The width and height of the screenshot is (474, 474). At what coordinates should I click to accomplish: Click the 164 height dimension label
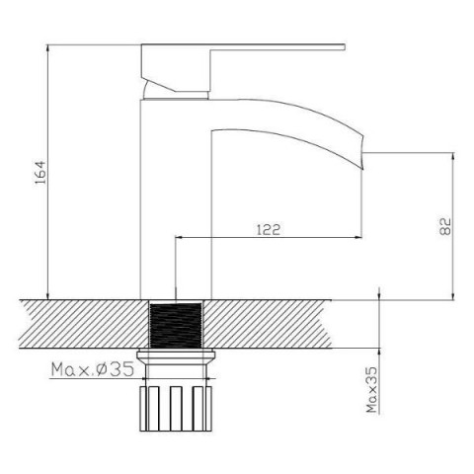41,173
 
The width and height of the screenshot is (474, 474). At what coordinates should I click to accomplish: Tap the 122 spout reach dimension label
269,229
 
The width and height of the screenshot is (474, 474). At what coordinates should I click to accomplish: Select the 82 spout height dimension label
445,226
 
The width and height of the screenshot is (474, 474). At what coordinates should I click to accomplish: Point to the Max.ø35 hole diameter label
93,369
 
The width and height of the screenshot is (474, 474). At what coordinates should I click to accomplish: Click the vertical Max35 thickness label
372,390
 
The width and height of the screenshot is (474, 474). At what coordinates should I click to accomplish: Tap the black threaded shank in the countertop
176,325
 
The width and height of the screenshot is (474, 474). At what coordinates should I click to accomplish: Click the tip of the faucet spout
362,169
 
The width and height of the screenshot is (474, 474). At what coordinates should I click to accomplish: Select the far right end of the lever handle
345,47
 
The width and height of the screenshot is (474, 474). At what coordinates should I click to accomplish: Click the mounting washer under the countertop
176,355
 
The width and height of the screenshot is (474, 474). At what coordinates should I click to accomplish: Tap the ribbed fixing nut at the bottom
176,408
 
